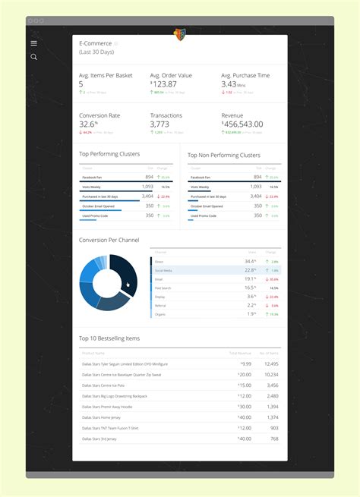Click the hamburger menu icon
click(33, 43)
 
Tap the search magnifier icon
click(33, 57)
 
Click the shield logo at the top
click(180, 34)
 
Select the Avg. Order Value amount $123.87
click(171, 84)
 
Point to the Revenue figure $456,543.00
click(243, 124)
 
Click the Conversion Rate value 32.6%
click(90, 124)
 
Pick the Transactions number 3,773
click(159, 124)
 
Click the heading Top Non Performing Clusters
click(224, 156)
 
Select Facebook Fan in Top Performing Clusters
click(93, 177)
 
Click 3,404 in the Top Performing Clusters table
click(147, 196)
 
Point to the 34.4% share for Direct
click(250, 261)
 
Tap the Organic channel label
click(161, 314)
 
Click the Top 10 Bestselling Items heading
click(109, 338)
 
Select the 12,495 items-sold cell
click(270, 364)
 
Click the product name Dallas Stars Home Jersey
click(101, 417)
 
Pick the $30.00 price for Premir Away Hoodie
click(244, 406)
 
